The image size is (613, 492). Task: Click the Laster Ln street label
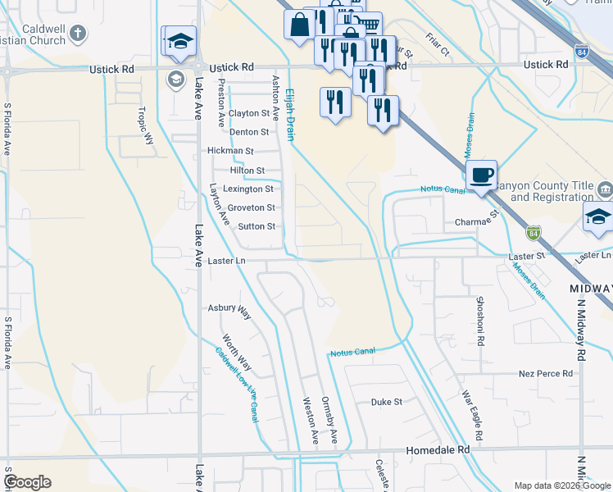pyautogui.click(x=227, y=261)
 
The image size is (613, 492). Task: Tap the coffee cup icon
pyautogui.click(x=481, y=174)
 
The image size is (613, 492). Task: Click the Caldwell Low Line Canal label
pyautogui.click(x=238, y=385)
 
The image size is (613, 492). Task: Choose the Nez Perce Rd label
pyautogui.click(x=546, y=374)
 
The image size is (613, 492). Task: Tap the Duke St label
pyautogui.click(x=387, y=403)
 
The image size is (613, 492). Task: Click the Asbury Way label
pyautogui.click(x=229, y=309)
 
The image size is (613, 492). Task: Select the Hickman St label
pyautogui.click(x=230, y=151)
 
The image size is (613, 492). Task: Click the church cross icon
pyautogui.click(x=78, y=34)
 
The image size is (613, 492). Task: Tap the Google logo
pyautogui.click(x=27, y=482)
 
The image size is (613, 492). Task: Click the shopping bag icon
pyautogui.click(x=297, y=24)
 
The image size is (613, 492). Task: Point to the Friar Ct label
pyautogui.click(x=438, y=45)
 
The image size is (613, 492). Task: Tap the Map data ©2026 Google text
pyautogui.click(x=562, y=485)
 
